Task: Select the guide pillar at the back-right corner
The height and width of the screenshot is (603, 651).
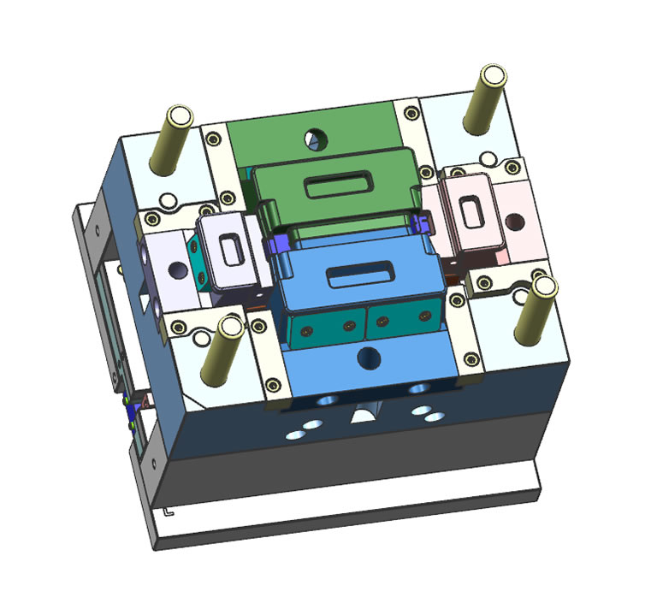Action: [x=484, y=98]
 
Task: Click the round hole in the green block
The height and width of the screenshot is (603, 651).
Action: [x=317, y=136]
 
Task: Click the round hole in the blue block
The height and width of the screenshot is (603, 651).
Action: [x=369, y=356]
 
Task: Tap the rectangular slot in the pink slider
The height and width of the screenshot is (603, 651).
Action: [x=470, y=210]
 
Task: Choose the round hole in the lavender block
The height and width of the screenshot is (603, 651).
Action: [x=179, y=270]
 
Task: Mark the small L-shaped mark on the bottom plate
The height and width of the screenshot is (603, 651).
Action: [x=168, y=513]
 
